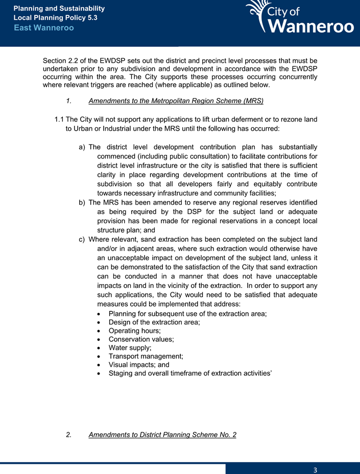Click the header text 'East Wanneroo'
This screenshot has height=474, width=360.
click(x=44, y=28)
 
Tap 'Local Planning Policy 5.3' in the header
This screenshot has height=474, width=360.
click(x=55, y=17)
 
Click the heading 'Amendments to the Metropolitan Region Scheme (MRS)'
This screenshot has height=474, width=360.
click(x=176, y=101)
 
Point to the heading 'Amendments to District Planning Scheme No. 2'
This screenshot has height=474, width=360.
click(x=162, y=435)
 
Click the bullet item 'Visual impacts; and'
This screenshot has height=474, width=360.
click(x=139, y=365)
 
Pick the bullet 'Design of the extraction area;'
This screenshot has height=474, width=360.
click(x=154, y=322)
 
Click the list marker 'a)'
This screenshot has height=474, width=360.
click(x=82, y=147)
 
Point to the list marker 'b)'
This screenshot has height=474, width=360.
click(x=82, y=203)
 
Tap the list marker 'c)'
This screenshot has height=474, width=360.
click(x=82, y=239)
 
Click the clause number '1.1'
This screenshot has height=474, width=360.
click(x=59, y=119)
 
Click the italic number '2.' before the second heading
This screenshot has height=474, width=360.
click(x=69, y=435)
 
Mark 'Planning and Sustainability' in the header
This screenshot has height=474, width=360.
click(x=59, y=9)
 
